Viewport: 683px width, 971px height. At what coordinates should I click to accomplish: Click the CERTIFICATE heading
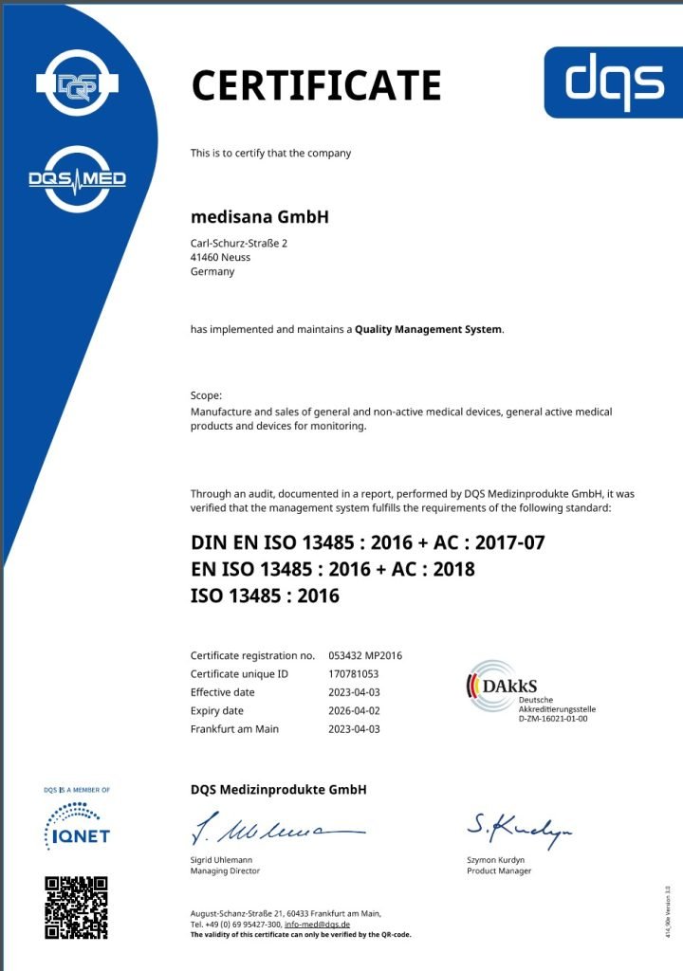click(316, 85)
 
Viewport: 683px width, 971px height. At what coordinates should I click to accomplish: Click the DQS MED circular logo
click(77, 178)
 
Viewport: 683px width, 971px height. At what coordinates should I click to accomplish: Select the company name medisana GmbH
click(259, 216)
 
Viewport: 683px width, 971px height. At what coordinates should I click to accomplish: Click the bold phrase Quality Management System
click(429, 330)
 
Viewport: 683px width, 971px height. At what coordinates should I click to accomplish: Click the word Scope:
click(207, 394)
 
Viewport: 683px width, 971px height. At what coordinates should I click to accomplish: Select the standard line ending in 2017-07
click(368, 543)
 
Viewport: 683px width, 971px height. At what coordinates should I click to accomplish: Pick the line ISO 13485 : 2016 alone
click(265, 595)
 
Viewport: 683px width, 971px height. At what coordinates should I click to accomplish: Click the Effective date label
click(223, 692)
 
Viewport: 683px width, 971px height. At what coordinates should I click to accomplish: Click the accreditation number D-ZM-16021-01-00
click(553, 719)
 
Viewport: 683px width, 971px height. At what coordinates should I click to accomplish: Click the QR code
click(77, 907)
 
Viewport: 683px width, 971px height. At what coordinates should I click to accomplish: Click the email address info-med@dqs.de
click(318, 924)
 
